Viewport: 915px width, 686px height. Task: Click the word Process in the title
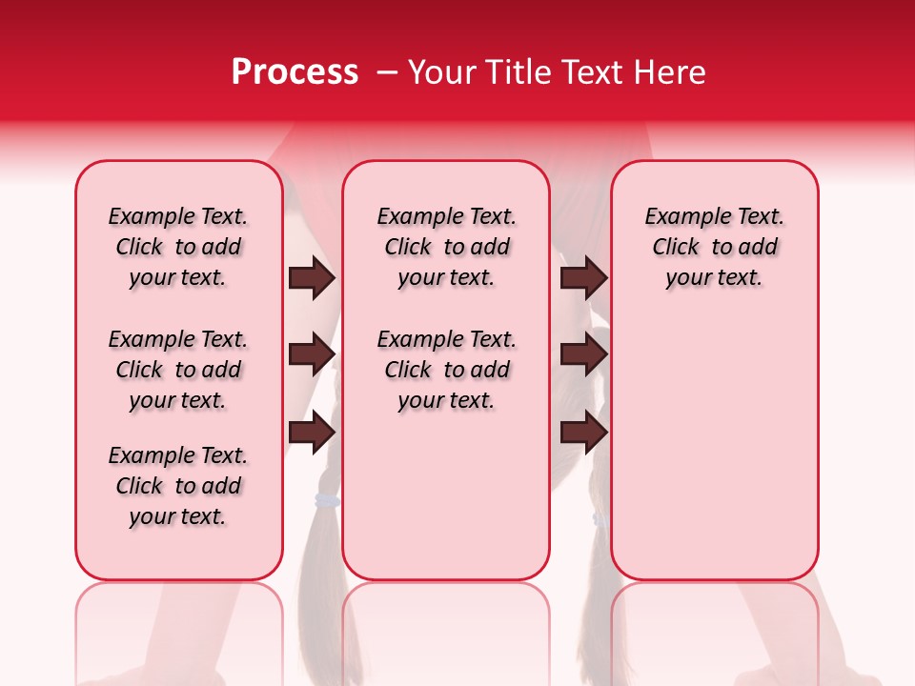[x=295, y=72]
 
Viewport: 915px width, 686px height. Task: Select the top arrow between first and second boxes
[x=312, y=278]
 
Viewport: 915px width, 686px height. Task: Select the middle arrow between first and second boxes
[x=312, y=355]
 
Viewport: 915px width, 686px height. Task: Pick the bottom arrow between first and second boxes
[x=312, y=433]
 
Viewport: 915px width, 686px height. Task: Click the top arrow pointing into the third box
[x=583, y=278]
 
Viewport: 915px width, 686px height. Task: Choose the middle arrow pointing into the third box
[x=583, y=355]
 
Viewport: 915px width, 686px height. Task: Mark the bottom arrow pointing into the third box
[x=583, y=433]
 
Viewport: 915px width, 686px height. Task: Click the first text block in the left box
[x=178, y=247]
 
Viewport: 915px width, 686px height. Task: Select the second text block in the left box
[x=178, y=370]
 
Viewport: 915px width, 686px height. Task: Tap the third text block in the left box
[x=178, y=486]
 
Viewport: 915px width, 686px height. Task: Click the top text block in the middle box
[x=446, y=247]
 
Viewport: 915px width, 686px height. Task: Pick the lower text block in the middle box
[x=446, y=370]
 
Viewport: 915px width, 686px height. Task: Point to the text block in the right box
[x=714, y=247]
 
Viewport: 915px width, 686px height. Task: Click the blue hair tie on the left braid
[x=327, y=501]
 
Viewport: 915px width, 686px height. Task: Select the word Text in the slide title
[x=596, y=72]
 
